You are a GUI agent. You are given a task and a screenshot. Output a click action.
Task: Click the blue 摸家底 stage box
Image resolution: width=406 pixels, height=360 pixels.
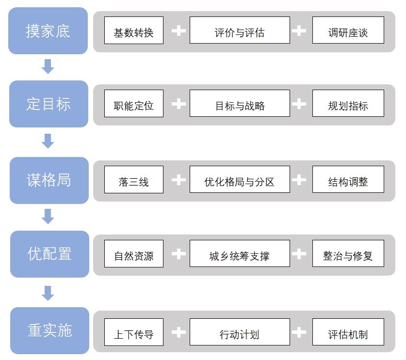click(x=48, y=31)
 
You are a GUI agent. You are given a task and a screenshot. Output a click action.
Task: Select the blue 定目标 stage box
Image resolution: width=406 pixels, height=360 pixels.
click(x=49, y=104)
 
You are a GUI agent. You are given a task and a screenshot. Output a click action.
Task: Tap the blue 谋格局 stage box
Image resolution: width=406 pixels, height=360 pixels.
click(x=49, y=180)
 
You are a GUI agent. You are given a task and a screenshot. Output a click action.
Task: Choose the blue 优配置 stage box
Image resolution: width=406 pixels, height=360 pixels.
click(x=49, y=254)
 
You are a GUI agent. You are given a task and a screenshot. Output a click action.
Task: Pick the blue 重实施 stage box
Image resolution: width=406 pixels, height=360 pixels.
click(x=49, y=330)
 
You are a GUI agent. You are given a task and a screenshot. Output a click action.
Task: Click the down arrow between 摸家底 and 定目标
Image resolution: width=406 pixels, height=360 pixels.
click(x=48, y=66)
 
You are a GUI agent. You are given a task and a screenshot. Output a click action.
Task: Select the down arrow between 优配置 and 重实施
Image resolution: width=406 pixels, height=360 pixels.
click(x=48, y=293)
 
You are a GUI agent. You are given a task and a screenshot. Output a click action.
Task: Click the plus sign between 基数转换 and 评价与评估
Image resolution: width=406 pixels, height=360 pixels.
click(x=179, y=31)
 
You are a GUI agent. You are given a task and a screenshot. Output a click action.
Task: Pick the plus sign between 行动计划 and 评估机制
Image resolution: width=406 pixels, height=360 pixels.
click(x=299, y=332)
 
